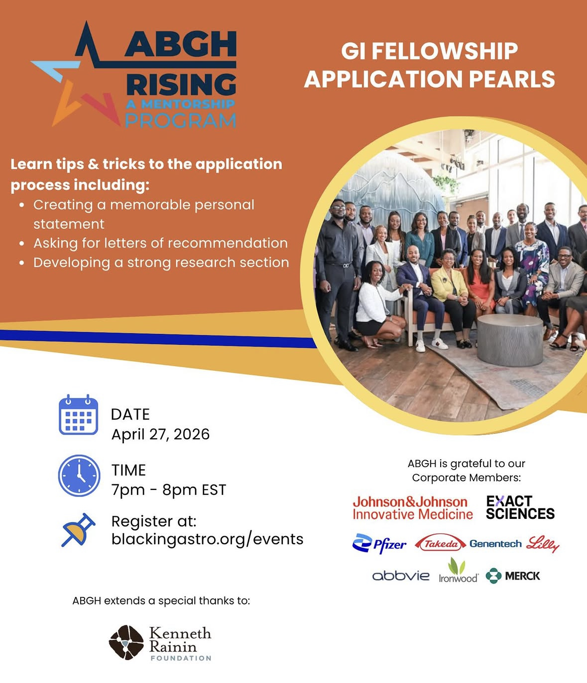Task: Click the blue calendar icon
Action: coord(78,414)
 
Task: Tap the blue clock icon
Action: coord(79,476)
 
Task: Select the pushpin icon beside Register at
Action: coord(78,530)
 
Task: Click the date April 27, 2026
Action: coord(160,434)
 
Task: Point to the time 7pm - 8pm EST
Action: coord(169,490)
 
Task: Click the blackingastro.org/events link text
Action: coord(207,539)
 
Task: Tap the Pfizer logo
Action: coord(379,544)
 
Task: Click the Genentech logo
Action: coord(495,544)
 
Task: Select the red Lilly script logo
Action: coord(542,544)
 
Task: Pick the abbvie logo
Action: coord(401,576)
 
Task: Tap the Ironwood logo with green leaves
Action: coord(458,571)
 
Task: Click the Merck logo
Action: coord(513,576)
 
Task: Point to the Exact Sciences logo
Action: coord(520,507)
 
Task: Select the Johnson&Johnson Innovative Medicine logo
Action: coord(413,508)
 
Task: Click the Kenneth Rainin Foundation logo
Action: coord(160,643)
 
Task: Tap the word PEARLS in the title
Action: coord(512,79)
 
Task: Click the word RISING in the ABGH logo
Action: coord(181,85)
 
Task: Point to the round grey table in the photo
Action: coord(510,340)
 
